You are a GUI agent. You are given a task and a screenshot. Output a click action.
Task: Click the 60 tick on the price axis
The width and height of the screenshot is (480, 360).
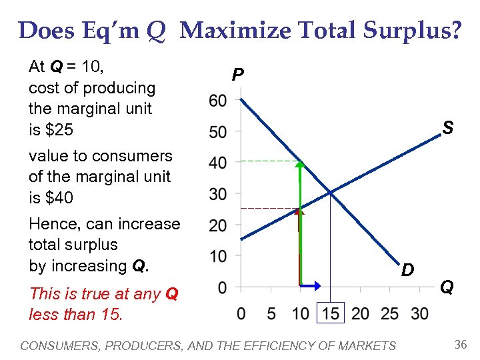tap(218, 101)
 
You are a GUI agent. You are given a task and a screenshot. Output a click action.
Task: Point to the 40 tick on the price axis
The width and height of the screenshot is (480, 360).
tap(218, 163)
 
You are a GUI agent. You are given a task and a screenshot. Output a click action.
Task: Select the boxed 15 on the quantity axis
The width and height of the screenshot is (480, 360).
tap(330, 313)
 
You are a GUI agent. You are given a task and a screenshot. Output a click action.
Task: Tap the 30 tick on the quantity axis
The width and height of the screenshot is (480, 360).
tap(420, 313)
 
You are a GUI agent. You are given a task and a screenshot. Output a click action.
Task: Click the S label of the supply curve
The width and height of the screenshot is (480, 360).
tap(448, 128)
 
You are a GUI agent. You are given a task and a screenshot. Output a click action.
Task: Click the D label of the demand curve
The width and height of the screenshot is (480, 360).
tap(407, 270)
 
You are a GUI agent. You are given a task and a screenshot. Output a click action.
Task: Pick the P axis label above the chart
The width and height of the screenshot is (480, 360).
tap(237, 75)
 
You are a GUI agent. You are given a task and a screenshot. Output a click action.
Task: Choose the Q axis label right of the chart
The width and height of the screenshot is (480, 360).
tap(447, 287)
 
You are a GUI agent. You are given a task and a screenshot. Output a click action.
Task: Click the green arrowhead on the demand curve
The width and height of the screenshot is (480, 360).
tap(300, 164)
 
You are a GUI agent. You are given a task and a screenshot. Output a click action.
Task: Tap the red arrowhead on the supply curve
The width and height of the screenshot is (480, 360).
tap(300, 211)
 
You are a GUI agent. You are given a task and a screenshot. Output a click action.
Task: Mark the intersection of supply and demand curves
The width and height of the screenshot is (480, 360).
tap(330, 193)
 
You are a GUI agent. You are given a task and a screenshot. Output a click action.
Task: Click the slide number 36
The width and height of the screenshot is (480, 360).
tap(460, 345)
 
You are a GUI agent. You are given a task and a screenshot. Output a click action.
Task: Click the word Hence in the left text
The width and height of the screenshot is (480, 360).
tap(50, 224)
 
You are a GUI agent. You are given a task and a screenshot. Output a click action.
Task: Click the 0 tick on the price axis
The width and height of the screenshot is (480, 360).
tap(221, 287)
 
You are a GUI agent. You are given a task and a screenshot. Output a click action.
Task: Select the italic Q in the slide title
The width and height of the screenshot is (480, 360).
tap(156, 31)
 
